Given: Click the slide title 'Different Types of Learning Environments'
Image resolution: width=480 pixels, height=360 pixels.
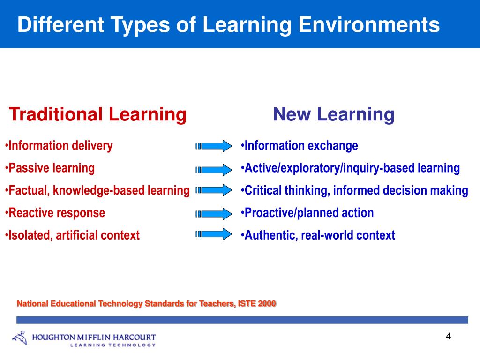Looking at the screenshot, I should tap(228, 25).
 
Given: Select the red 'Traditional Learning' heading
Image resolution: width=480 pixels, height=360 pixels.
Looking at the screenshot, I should tap(98, 114).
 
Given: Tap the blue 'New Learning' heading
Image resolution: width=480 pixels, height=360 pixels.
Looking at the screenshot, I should tap(334, 114).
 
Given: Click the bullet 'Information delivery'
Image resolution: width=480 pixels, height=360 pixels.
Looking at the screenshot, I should tap(60, 146).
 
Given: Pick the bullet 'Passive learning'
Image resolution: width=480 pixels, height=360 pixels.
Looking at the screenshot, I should tap(52, 168).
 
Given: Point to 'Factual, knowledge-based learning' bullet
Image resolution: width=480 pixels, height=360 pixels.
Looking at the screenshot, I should tap(99, 190).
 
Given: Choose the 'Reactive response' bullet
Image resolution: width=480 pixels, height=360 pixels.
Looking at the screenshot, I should tap(57, 213).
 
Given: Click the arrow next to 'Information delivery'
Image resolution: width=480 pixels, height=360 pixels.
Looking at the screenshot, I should tap(214, 146).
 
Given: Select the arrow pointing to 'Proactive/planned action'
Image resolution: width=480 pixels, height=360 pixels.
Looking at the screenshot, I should tap(214, 213).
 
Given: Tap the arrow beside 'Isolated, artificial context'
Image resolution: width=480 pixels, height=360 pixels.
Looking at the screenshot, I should tap(214, 233).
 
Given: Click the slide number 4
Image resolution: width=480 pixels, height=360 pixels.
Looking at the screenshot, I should tap(448, 337).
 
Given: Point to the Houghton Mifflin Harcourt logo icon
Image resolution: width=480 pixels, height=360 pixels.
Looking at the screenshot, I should tap(20, 338).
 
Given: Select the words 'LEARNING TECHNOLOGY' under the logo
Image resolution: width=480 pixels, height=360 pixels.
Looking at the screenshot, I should tap(112, 345).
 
